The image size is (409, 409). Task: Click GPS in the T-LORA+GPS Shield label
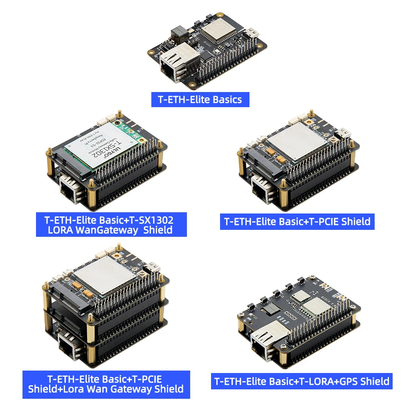point(340,381)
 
